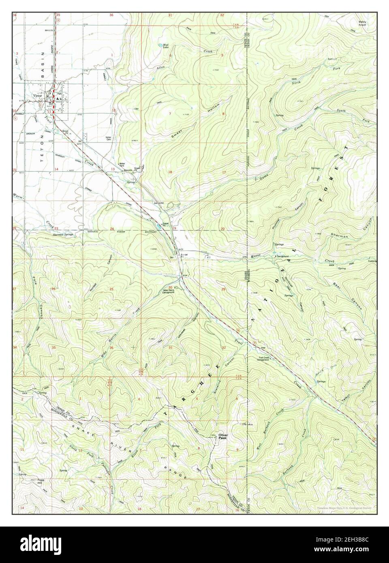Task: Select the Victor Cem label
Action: [x=108, y=138]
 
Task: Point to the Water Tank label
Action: [x=121, y=165]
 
